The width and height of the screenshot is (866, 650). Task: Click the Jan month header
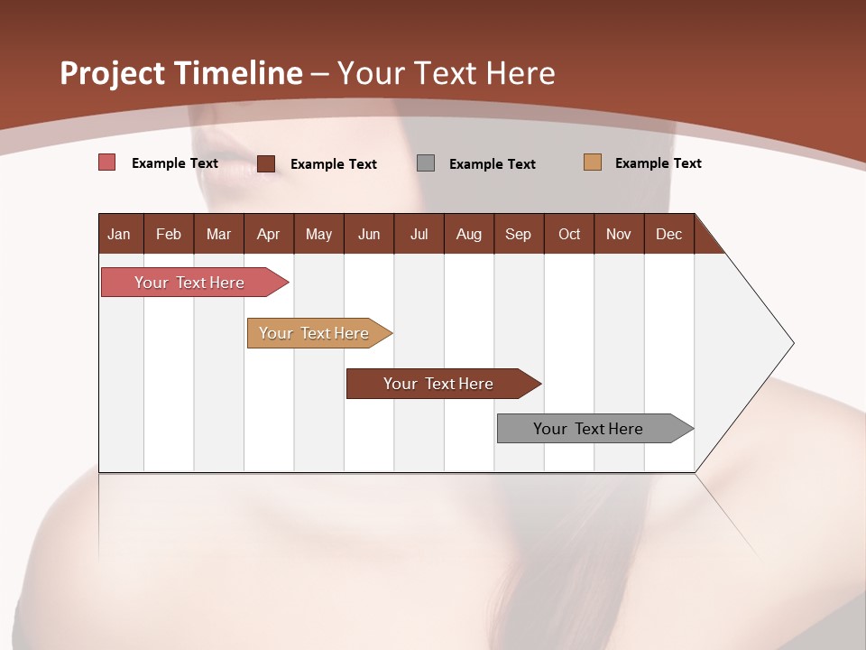point(120,234)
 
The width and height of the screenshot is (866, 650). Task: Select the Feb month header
point(169,234)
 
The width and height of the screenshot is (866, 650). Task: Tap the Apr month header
point(269,234)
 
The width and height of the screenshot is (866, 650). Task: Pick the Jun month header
point(369,234)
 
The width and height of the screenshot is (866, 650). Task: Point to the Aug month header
point(469,234)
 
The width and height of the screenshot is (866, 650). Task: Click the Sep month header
point(519,234)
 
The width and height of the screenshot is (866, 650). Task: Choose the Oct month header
point(569,234)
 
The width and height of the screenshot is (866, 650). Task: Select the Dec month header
point(669,234)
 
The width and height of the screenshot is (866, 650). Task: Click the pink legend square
point(106,162)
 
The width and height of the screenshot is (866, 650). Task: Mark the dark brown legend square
point(266,163)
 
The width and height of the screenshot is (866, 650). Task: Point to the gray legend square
point(426,162)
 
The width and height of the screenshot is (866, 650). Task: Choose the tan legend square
point(592,162)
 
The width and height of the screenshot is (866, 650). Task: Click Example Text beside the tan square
point(658,163)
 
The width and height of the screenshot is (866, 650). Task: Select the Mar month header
point(218,234)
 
